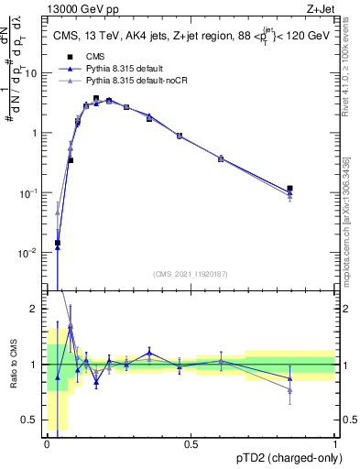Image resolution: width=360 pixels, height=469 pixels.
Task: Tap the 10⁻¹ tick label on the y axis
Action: pos(29,192)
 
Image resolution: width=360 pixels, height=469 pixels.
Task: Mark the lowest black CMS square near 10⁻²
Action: pos(58,243)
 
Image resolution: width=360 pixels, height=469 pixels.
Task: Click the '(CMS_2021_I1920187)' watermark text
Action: pos(190,273)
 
